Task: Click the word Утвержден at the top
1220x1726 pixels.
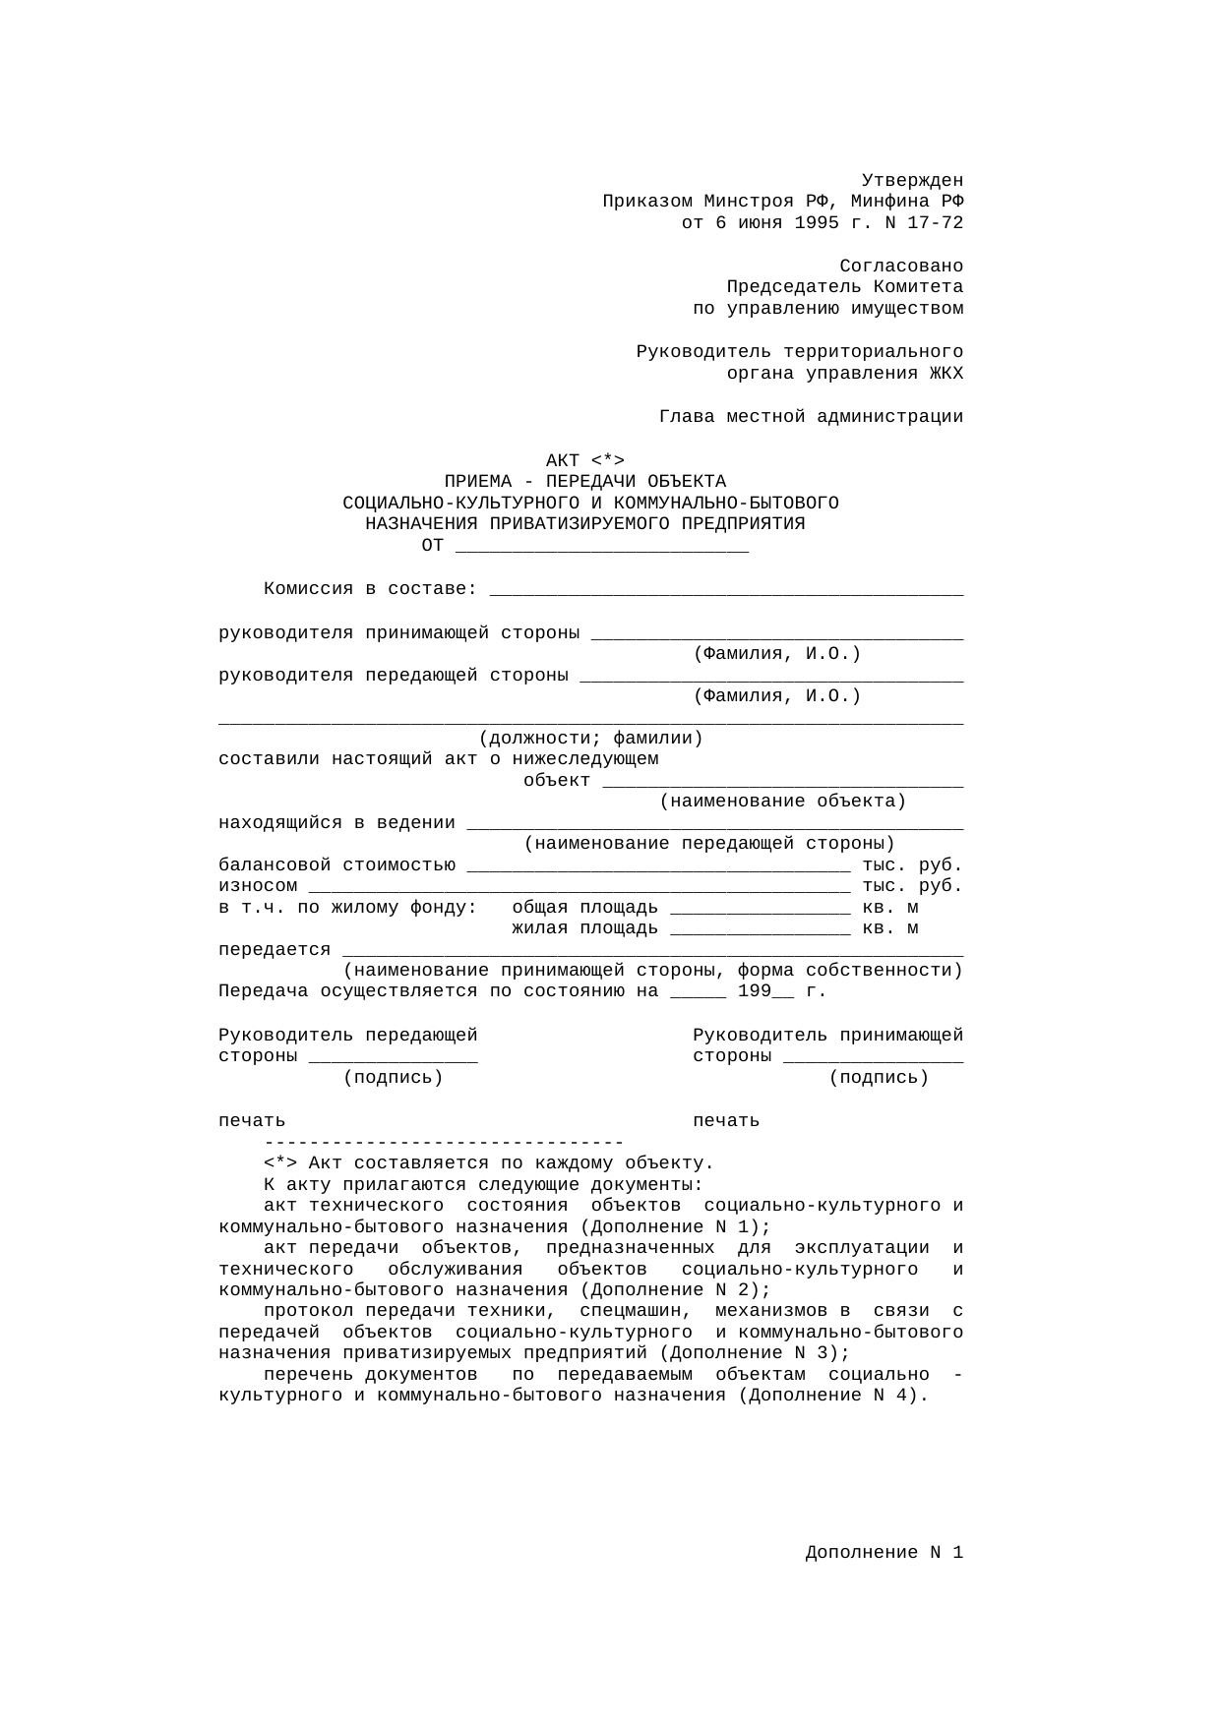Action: click(912, 181)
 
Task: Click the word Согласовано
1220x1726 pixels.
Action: click(901, 267)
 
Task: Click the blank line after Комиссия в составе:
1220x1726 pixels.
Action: click(726, 590)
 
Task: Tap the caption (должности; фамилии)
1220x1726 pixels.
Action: click(590, 739)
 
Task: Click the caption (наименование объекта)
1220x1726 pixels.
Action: click(782, 802)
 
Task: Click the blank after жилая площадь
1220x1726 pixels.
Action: click(761, 929)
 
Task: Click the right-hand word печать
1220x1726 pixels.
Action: click(726, 1121)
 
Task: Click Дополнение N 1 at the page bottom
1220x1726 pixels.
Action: click(884, 1553)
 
